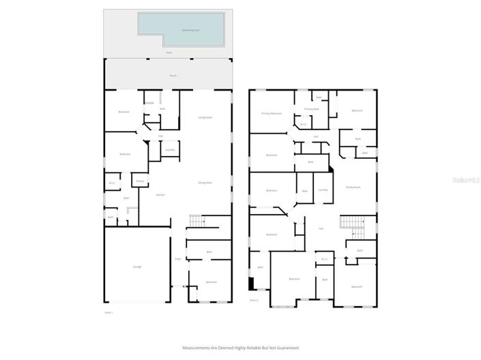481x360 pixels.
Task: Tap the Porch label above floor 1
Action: pos(173,76)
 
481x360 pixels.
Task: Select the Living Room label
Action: pos(205,117)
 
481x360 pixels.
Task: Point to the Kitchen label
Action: pos(160,194)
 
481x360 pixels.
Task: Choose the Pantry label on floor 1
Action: pos(139,181)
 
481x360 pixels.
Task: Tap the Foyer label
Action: pos(178,259)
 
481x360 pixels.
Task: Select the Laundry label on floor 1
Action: pos(170,149)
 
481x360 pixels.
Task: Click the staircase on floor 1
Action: pos(196,221)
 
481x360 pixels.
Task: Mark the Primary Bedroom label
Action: pos(271,113)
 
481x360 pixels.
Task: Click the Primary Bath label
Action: pos(311,109)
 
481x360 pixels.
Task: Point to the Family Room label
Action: pos(353,186)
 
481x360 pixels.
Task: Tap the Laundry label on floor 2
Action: pos(323,190)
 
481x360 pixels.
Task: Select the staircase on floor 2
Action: pos(350,222)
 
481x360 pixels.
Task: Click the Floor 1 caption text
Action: pos(108,312)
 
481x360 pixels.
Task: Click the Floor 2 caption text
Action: pos(253,300)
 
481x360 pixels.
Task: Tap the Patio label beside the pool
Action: pos(169,52)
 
